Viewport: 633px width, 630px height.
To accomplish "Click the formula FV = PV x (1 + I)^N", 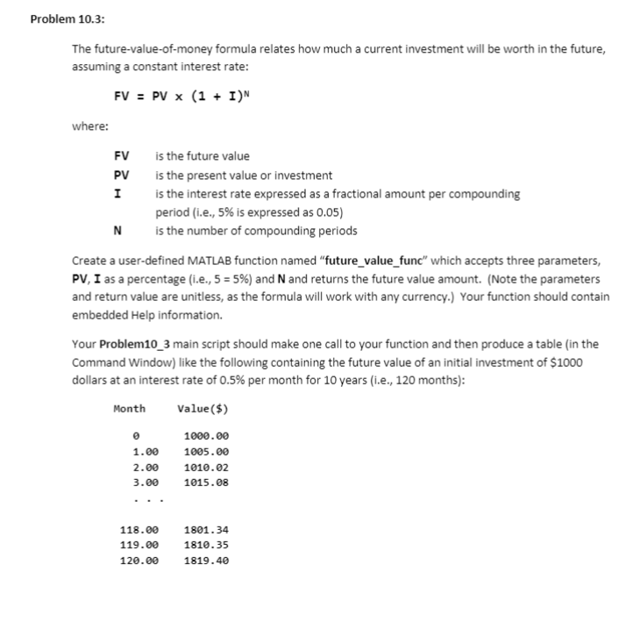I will tap(183, 95).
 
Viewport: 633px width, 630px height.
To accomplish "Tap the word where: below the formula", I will tap(90, 126).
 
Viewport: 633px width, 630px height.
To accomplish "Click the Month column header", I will tap(130, 407).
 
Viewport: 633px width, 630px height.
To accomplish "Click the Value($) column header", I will tap(203, 407).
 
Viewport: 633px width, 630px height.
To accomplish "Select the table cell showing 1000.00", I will tap(207, 435).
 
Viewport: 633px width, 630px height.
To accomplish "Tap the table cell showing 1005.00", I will tap(207, 451).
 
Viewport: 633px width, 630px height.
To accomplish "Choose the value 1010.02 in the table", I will tap(207, 467).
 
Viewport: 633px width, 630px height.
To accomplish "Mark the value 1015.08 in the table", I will tap(207, 483).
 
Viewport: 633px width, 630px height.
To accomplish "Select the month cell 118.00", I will tap(139, 529).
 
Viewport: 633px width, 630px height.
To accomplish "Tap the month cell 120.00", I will tap(139, 561).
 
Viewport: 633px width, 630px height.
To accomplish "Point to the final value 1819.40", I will tap(207, 561).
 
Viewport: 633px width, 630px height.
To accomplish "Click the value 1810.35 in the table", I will tap(207, 545).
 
